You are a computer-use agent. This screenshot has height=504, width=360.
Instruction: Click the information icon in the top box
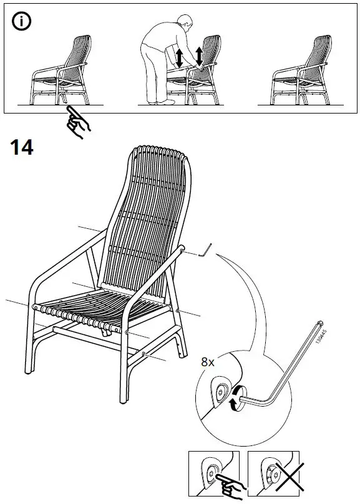pyautogui.click(x=22, y=22)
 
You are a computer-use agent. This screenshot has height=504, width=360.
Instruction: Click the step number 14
pyautogui.click(x=22, y=148)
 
